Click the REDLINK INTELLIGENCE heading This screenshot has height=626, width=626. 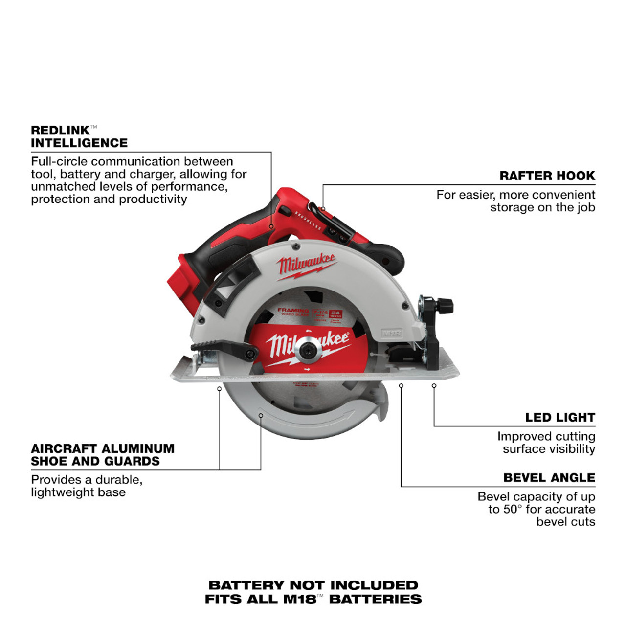[79, 137]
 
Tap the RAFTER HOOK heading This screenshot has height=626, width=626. [547, 176]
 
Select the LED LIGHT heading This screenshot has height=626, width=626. [560, 418]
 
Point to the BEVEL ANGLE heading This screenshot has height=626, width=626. [549, 478]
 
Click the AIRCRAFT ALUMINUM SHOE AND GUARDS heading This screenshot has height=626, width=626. [102, 455]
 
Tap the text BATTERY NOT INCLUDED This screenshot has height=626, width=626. [313, 585]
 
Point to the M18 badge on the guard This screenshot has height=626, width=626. [391, 334]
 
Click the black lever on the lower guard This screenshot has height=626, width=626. [225, 350]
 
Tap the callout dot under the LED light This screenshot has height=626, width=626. [434, 386]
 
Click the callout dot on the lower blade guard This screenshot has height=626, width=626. [261, 416]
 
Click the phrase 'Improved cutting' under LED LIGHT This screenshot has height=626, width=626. [546, 436]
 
